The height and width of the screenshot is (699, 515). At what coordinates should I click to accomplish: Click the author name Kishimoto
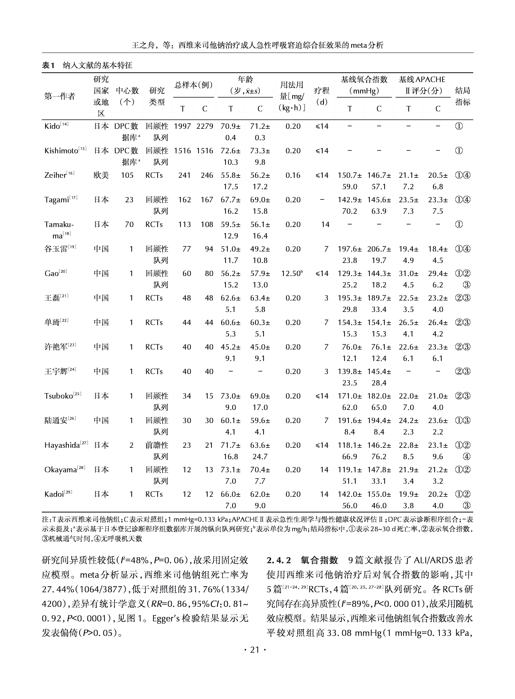(x=61, y=151)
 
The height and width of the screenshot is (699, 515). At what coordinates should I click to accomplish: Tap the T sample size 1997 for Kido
(x=182, y=126)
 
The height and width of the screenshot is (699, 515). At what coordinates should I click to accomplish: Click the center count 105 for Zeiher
(x=127, y=175)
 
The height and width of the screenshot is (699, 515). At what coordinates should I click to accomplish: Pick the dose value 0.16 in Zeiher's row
(x=293, y=175)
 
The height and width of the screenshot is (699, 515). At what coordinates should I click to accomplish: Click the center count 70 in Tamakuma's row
(x=129, y=224)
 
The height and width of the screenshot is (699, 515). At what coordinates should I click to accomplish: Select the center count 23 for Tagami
(x=129, y=200)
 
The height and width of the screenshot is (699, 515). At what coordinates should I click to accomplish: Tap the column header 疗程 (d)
(x=322, y=96)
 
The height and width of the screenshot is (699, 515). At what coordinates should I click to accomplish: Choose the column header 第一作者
(x=60, y=96)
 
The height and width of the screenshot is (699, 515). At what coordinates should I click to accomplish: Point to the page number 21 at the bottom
(x=255, y=650)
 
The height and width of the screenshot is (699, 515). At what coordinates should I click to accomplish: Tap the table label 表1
(x=48, y=65)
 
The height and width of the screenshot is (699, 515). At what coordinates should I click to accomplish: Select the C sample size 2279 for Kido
(x=205, y=126)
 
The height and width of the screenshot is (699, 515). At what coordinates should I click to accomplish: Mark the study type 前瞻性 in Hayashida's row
(x=157, y=445)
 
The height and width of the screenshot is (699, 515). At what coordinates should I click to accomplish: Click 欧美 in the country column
(x=101, y=175)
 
